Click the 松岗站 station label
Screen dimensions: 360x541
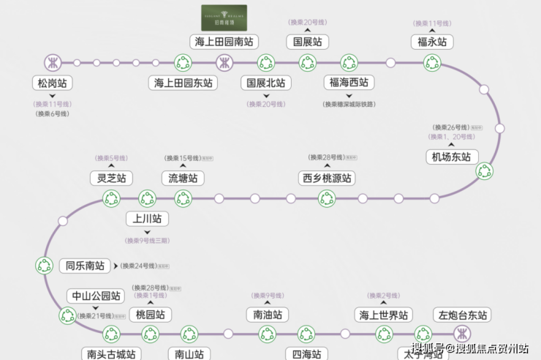(x=53, y=83)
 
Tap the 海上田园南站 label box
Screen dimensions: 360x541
(x=224, y=41)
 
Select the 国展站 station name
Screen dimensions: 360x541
(x=307, y=42)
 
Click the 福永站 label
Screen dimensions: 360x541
(x=431, y=42)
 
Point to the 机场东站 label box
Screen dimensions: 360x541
(x=452, y=157)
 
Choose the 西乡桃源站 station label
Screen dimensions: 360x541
(x=327, y=178)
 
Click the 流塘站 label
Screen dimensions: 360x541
(x=183, y=178)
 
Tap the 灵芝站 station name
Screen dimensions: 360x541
(x=111, y=178)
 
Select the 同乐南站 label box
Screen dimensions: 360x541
(x=85, y=266)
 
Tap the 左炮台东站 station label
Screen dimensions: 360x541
(x=461, y=315)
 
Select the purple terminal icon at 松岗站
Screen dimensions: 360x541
(x=53, y=62)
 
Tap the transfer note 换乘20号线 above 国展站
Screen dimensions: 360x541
(x=307, y=23)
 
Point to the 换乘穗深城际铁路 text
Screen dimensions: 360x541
(x=349, y=104)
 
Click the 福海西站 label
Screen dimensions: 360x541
(x=349, y=83)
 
